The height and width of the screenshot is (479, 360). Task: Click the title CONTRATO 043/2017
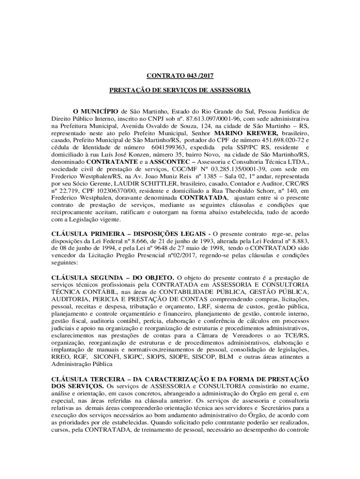(180, 75)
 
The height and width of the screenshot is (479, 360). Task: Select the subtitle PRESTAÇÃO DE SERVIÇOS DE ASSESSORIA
(180, 90)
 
